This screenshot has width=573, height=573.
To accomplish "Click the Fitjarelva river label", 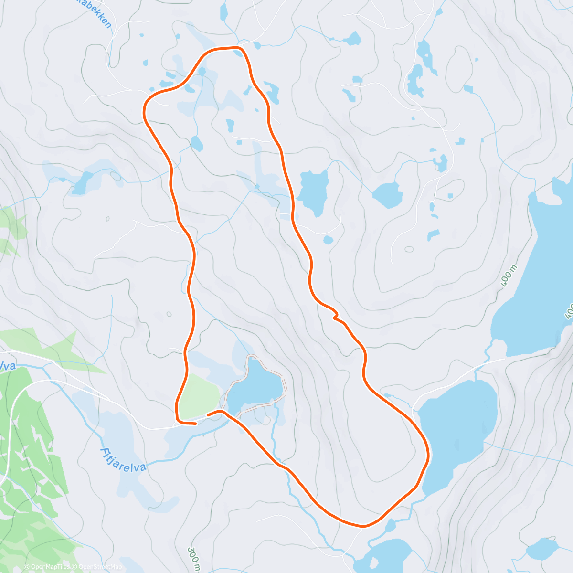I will [x=123, y=459].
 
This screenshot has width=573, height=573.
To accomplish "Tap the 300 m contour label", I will [x=193, y=559].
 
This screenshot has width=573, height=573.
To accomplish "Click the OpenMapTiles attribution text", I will [x=46, y=567].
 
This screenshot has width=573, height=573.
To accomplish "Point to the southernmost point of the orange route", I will [x=363, y=526].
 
